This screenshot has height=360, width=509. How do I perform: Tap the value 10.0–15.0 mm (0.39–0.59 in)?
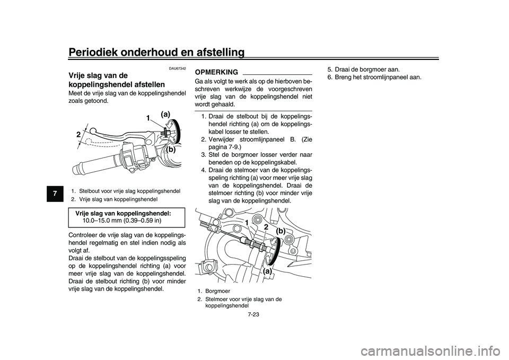point(122,219)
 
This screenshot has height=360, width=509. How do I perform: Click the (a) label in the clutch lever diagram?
point(165,114)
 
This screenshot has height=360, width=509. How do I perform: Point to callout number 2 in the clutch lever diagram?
point(78,135)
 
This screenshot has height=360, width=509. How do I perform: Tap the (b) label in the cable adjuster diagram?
point(280,231)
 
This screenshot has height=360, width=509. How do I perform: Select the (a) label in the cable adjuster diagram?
point(268,270)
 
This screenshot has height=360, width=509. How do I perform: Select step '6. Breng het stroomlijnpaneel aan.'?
point(374,77)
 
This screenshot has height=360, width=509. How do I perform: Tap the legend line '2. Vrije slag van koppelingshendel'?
point(114,199)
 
